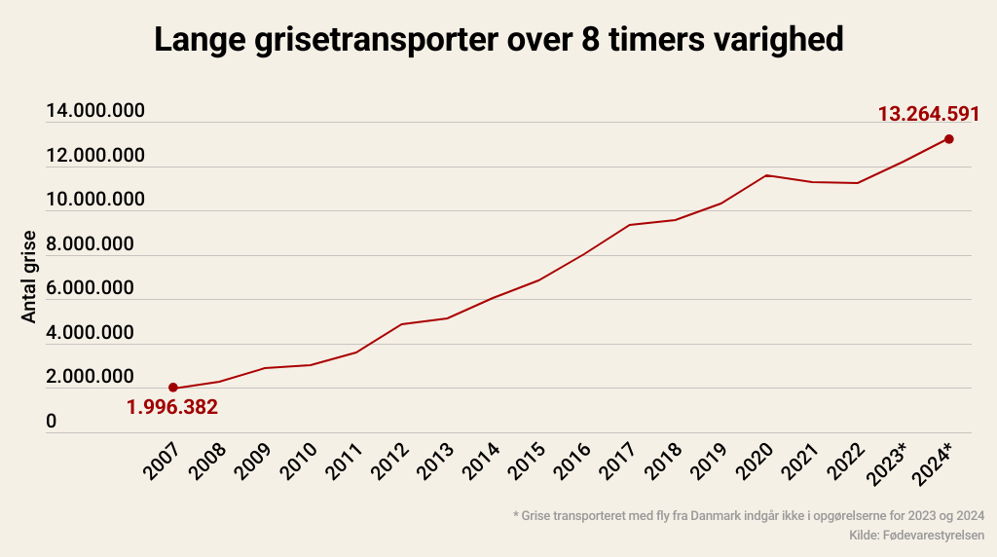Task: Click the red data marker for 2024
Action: [948, 139]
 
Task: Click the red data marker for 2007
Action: [173, 389]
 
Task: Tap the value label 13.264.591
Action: [928, 114]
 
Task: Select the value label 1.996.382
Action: [172, 407]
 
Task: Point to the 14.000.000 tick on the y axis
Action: [95, 111]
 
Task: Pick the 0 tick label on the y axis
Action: [52, 422]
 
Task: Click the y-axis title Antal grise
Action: [29, 278]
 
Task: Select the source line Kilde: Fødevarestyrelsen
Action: [916, 536]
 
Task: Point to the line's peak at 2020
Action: [767, 175]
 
